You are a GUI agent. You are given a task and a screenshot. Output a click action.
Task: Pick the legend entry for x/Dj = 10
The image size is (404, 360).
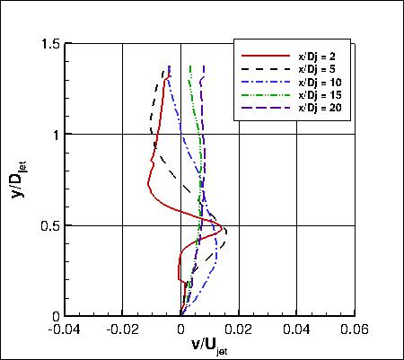[x=315, y=82]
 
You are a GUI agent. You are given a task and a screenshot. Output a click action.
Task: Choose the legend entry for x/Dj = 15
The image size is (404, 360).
[x=315, y=94]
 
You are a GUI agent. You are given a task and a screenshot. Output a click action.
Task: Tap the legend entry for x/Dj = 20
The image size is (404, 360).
[x=315, y=107]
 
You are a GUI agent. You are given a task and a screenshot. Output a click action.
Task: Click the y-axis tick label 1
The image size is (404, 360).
[x=53, y=135]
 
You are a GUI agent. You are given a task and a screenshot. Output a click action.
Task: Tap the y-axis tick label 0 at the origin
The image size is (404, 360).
[x=53, y=316]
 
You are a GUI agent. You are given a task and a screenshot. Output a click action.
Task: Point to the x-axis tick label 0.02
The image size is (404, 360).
[x=240, y=329]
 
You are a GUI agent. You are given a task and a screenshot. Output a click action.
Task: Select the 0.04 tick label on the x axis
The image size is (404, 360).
[x=298, y=329]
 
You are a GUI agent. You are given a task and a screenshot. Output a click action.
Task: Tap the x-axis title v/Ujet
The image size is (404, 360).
[x=209, y=346]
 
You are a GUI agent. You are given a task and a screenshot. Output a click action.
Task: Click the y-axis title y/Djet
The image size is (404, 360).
[x=20, y=180]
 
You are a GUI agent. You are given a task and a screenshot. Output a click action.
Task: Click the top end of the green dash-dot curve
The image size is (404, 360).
[x=189, y=66]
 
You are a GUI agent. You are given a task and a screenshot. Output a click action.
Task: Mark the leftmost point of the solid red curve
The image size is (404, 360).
[x=147, y=186]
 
